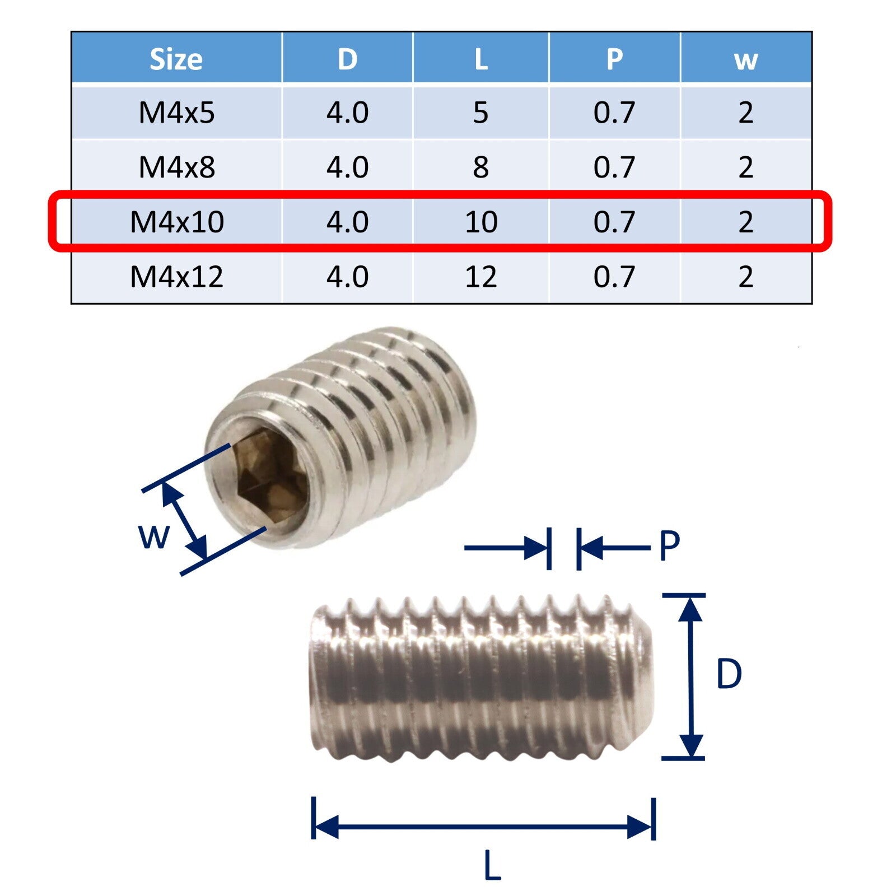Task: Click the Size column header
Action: (x=176, y=59)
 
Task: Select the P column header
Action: (x=614, y=59)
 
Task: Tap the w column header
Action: (x=746, y=60)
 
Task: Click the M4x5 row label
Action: (x=176, y=113)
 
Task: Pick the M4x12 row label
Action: (x=176, y=277)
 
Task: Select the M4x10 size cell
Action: (x=176, y=222)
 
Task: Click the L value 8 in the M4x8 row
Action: (x=480, y=167)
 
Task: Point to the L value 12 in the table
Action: (x=480, y=277)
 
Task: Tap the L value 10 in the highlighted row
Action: (x=480, y=222)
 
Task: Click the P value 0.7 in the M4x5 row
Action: (x=614, y=113)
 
